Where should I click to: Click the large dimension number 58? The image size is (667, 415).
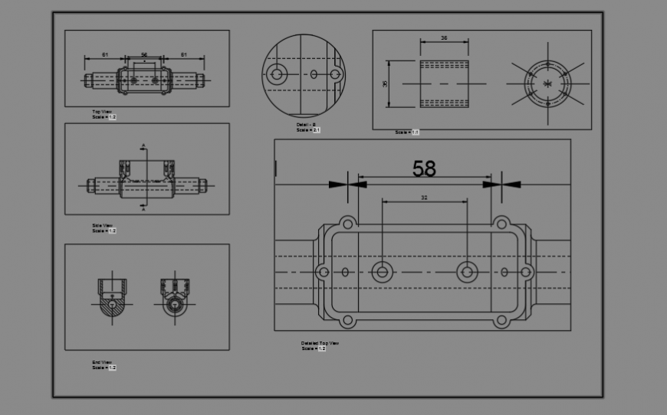tap(424, 168)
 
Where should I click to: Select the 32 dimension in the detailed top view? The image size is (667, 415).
tap(424, 198)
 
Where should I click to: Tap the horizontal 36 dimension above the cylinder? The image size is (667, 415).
tap(445, 38)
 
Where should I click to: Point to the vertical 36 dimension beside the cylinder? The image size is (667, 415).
tap(386, 83)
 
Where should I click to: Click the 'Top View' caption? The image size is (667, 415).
tap(102, 112)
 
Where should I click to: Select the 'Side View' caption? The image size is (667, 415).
tap(102, 225)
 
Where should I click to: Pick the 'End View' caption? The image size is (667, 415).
tap(102, 362)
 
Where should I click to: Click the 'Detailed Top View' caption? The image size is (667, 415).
tap(320, 343)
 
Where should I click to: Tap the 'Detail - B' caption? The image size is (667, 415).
tap(307, 125)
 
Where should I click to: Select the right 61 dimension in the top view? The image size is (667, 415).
tap(184, 55)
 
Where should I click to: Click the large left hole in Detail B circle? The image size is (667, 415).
tap(277, 74)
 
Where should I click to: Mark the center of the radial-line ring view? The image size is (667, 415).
tap(547, 83)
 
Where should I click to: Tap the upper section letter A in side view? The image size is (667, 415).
tap(143, 145)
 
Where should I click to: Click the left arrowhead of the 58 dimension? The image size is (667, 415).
tap(338, 184)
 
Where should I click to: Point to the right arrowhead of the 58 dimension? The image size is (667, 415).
tap(511, 184)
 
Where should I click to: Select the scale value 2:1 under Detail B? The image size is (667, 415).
tap(316, 130)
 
